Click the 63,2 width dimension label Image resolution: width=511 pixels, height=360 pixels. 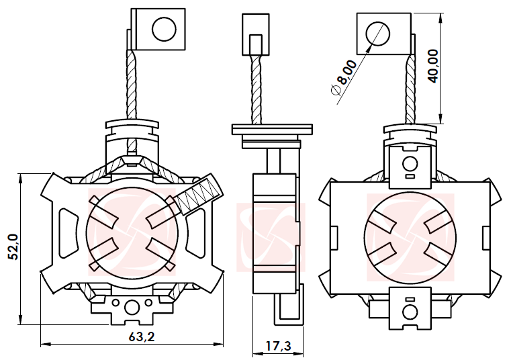pyautogui.click(x=141, y=336)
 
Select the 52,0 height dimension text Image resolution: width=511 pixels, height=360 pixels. pyautogui.click(x=13, y=247)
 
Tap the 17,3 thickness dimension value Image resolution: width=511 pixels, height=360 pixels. pyautogui.click(x=278, y=346)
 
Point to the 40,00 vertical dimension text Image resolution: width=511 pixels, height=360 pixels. pyautogui.click(x=433, y=66)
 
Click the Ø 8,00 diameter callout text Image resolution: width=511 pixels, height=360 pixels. pyautogui.click(x=344, y=78)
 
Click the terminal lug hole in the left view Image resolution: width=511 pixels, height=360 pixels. pyautogui.click(x=164, y=29)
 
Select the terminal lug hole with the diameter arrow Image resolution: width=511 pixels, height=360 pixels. pyautogui.click(x=377, y=34)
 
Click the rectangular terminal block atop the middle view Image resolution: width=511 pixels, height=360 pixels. pyautogui.click(x=256, y=34)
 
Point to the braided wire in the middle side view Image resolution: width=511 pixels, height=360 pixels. pyautogui.click(x=256, y=90)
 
